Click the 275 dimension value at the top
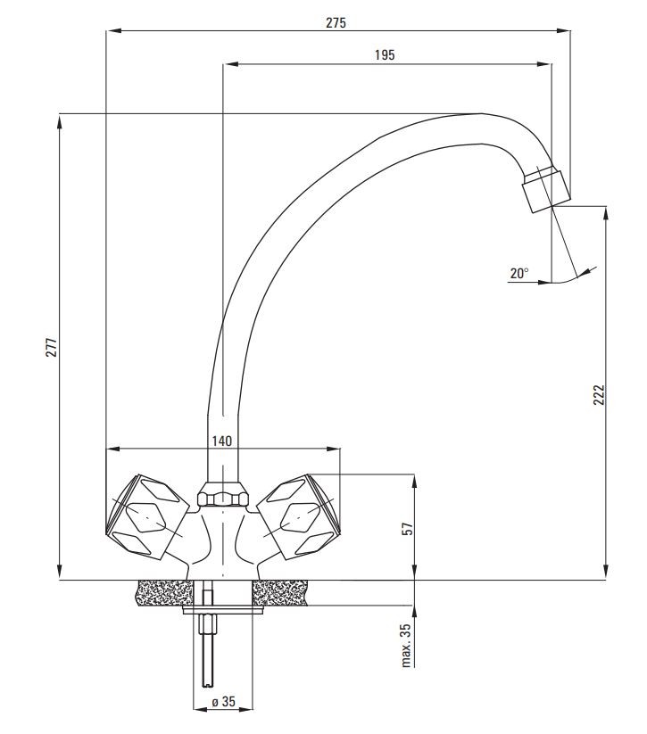336,22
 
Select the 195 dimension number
385,54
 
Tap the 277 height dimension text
52,347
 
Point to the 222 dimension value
599,395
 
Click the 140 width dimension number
221,441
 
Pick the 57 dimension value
409,529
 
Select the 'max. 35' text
406,645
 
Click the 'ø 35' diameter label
223,702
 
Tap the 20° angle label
519,274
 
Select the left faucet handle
146,516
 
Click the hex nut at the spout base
222,495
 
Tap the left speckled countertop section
163,592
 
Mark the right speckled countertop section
279,592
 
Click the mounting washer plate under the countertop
223,609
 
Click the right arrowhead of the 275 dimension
564,31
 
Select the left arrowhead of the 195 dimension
231,64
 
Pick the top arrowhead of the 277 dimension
60,121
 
